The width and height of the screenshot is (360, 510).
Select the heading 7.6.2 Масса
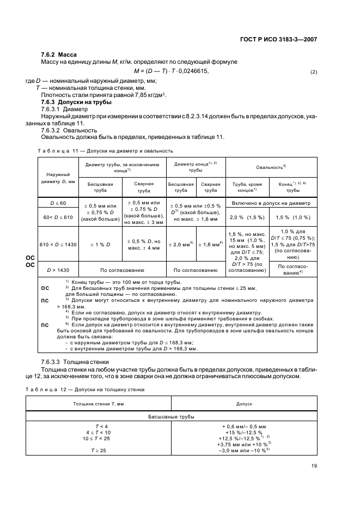click(59, 55)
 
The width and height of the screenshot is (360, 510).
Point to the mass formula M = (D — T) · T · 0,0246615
click(171, 71)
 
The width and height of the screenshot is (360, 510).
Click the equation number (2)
click(313, 72)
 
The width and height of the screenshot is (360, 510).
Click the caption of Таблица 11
click(105, 150)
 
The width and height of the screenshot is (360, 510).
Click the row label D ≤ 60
click(58, 203)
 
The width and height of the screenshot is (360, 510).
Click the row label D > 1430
click(58, 270)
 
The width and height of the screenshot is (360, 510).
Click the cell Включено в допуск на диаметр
click(271, 203)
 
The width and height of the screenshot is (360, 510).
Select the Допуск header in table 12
click(243, 404)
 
